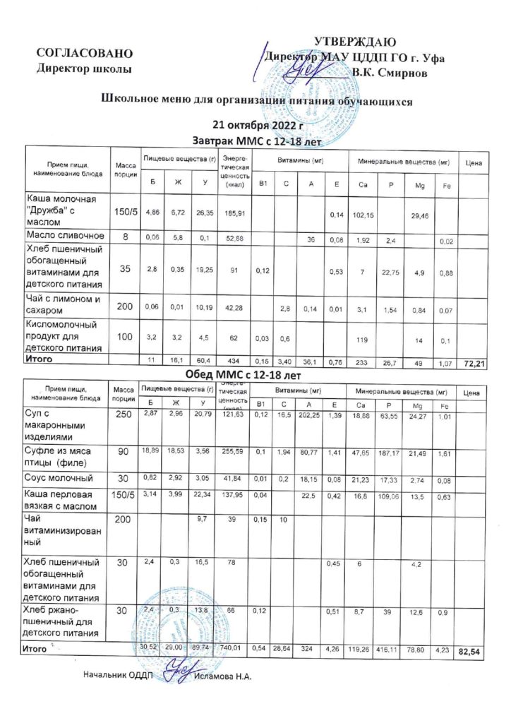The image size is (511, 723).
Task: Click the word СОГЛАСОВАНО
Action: tap(85, 54)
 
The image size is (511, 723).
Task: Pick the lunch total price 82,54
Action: tap(469, 652)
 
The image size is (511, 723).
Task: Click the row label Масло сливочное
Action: tap(66, 235)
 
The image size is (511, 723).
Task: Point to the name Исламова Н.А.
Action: tap(223, 676)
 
